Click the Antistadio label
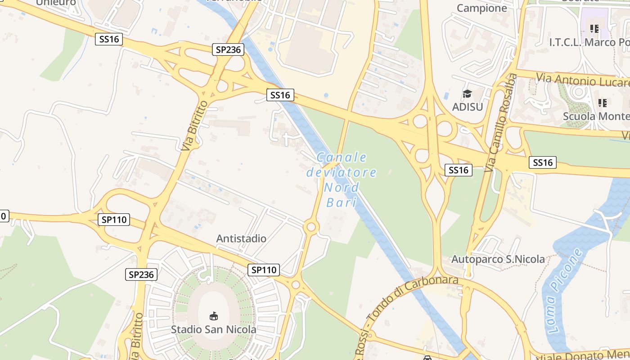tap(241, 238)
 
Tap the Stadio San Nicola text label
tap(213, 329)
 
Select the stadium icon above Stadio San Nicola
tap(214, 316)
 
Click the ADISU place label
tap(467, 107)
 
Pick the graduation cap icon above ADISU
tap(467, 94)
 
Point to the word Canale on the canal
tap(342, 157)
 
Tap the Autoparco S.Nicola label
tap(498, 259)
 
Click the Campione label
tap(481, 8)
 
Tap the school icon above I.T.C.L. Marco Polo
tap(594, 29)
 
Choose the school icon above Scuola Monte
tap(603, 103)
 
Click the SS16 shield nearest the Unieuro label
tap(109, 39)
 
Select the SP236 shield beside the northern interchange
tap(228, 49)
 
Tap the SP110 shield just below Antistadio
tap(263, 270)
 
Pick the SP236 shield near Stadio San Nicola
tap(141, 274)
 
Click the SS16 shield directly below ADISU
tap(459, 170)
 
